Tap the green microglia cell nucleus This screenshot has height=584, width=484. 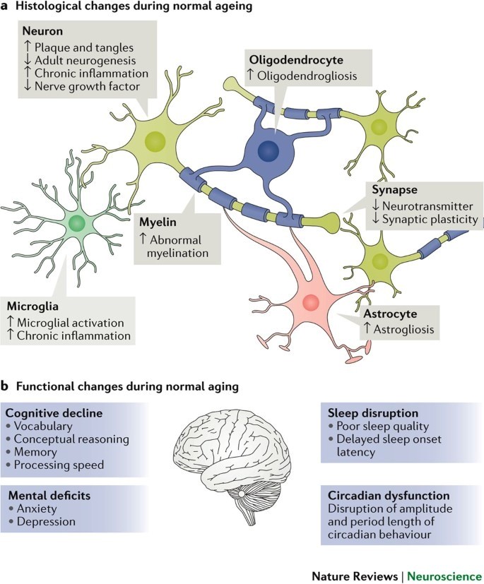pos(78,224)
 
